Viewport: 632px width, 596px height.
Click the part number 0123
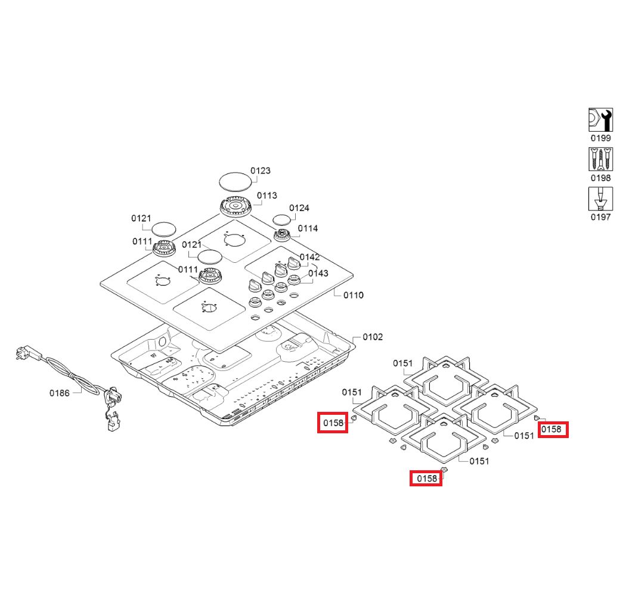[x=261, y=171]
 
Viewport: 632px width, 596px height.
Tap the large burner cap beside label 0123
[x=236, y=182]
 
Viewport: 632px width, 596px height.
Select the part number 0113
[x=267, y=195]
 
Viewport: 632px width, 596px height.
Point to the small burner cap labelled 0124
[x=281, y=221]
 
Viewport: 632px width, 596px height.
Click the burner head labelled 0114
[x=282, y=235]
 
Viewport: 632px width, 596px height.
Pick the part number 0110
[x=354, y=296]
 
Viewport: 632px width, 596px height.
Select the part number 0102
[x=373, y=337]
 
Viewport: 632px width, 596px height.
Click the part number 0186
[x=60, y=393]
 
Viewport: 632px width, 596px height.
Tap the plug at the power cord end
[x=27, y=353]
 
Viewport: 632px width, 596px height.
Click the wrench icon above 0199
[x=600, y=120]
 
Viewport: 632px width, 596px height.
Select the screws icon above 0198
[x=600, y=159]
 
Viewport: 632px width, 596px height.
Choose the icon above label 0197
[x=600, y=198]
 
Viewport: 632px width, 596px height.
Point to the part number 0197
[x=600, y=217]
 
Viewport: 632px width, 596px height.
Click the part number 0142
[x=309, y=257]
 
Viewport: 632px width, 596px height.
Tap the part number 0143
[x=318, y=274]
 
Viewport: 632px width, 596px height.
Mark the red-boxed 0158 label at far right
[x=554, y=430]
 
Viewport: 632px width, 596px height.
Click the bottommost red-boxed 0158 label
[x=426, y=479]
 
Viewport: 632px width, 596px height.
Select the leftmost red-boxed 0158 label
[x=333, y=423]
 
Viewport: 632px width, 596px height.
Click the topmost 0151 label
[x=403, y=364]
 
